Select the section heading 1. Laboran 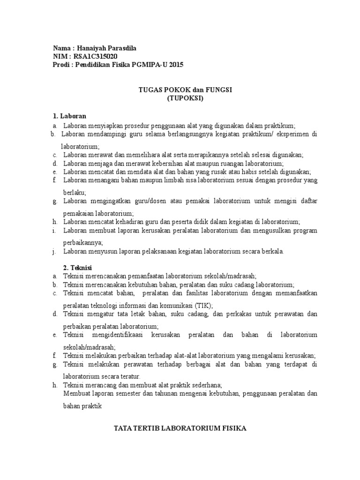[69, 116]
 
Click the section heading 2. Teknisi [68, 267]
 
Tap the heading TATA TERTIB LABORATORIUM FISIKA [180, 428]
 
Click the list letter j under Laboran [54, 252]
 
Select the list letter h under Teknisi [54, 385]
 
